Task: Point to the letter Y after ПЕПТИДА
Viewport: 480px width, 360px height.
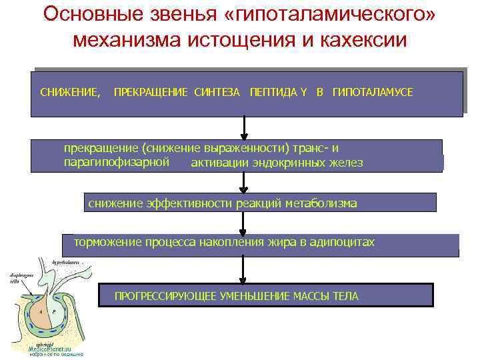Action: point(303,92)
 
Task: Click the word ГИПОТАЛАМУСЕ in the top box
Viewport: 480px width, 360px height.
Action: point(373,92)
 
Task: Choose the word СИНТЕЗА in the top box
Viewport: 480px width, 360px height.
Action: point(217,92)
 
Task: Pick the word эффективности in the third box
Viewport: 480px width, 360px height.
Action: point(197,203)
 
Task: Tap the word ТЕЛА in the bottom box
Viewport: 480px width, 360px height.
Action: point(345,296)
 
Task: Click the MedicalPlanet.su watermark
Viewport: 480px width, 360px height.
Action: point(53,348)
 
